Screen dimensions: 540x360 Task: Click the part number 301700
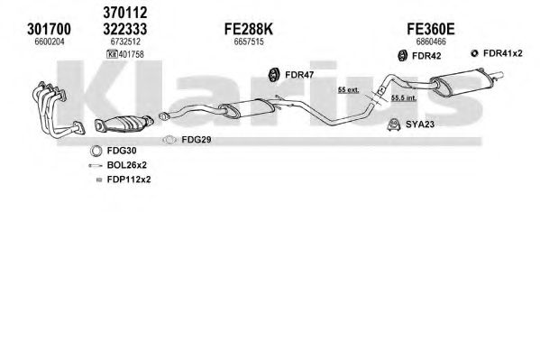[49, 29]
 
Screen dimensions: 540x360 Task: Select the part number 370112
[125, 13]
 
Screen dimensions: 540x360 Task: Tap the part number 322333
[125, 29]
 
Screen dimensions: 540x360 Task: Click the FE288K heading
[249, 29]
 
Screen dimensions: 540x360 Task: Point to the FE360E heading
[431, 29]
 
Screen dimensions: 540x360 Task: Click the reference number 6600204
[50, 42]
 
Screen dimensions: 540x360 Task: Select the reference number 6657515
[249, 42]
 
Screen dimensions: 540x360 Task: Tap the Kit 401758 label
[125, 54]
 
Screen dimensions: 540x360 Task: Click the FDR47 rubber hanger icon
[274, 75]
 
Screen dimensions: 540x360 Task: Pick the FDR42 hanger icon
[402, 56]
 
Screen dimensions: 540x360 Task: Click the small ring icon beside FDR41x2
[474, 53]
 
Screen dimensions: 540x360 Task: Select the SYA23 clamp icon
[393, 125]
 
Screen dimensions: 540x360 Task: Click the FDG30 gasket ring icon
[96, 151]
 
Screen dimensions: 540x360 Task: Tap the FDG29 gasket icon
[169, 140]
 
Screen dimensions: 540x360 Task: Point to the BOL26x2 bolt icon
[96, 165]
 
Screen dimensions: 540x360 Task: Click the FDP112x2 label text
[129, 180]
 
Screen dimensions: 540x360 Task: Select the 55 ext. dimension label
[348, 90]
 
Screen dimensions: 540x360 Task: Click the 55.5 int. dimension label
[404, 98]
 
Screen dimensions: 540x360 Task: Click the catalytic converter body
[124, 123]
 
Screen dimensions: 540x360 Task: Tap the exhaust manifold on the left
[56, 108]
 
